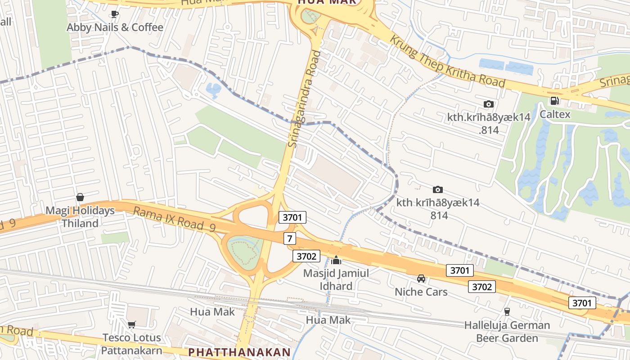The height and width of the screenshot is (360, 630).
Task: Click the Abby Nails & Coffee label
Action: [115, 27]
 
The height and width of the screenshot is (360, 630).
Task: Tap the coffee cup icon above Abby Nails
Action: [115, 14]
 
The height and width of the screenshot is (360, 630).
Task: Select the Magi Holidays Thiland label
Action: [80, 217]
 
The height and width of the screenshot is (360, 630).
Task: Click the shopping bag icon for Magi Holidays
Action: [80, 197]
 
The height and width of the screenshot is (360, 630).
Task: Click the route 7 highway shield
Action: [290, 238]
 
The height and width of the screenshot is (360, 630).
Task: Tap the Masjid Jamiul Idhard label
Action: [336, 279]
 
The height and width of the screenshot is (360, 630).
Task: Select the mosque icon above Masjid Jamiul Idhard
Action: [336, 260]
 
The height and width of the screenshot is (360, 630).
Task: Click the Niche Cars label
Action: [421, 292]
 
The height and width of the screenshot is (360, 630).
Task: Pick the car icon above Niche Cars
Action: [421, 279]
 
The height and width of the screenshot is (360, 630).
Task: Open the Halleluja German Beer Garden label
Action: [507, 331]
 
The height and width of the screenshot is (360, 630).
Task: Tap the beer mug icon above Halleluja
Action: [507, 311]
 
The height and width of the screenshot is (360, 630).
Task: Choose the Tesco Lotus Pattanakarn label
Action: [131, 344]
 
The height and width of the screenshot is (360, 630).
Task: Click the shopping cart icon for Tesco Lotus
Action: [131, 324]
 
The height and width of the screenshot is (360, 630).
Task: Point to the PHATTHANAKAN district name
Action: [239, 352]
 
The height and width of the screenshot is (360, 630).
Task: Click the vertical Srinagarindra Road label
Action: [305, 99]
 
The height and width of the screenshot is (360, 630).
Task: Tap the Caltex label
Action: [555, 114]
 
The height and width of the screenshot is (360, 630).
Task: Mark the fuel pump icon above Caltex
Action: [555, 101]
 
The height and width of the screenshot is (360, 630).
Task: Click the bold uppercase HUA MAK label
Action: [327, 2]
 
